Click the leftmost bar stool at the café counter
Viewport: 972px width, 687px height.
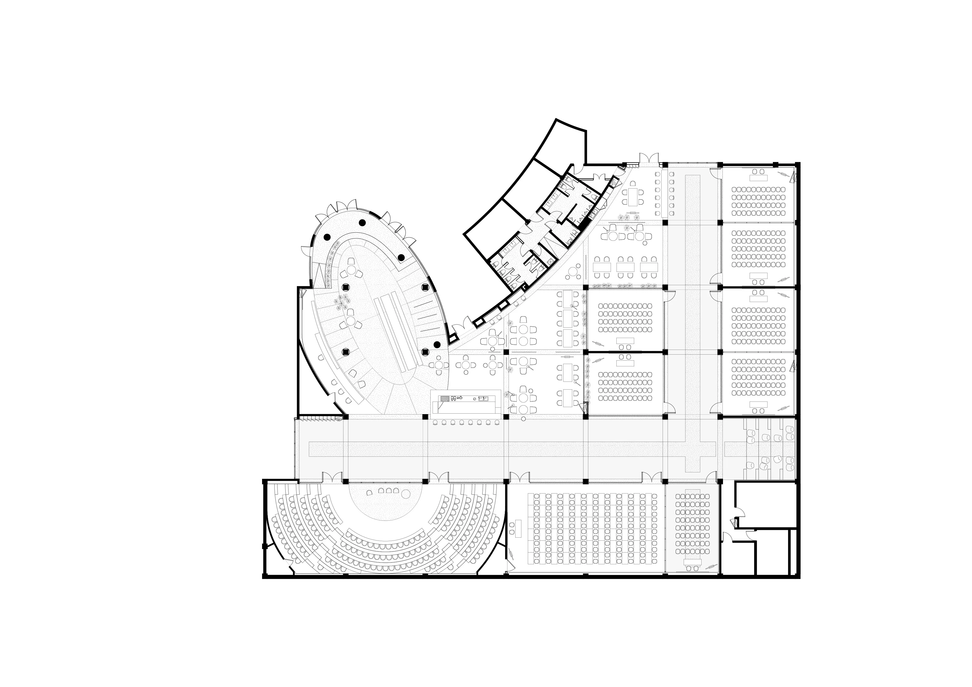tap(436, 422)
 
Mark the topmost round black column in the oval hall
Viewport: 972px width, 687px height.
tap(362, 222)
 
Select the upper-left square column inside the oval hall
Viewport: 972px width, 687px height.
tap(345, 286)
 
